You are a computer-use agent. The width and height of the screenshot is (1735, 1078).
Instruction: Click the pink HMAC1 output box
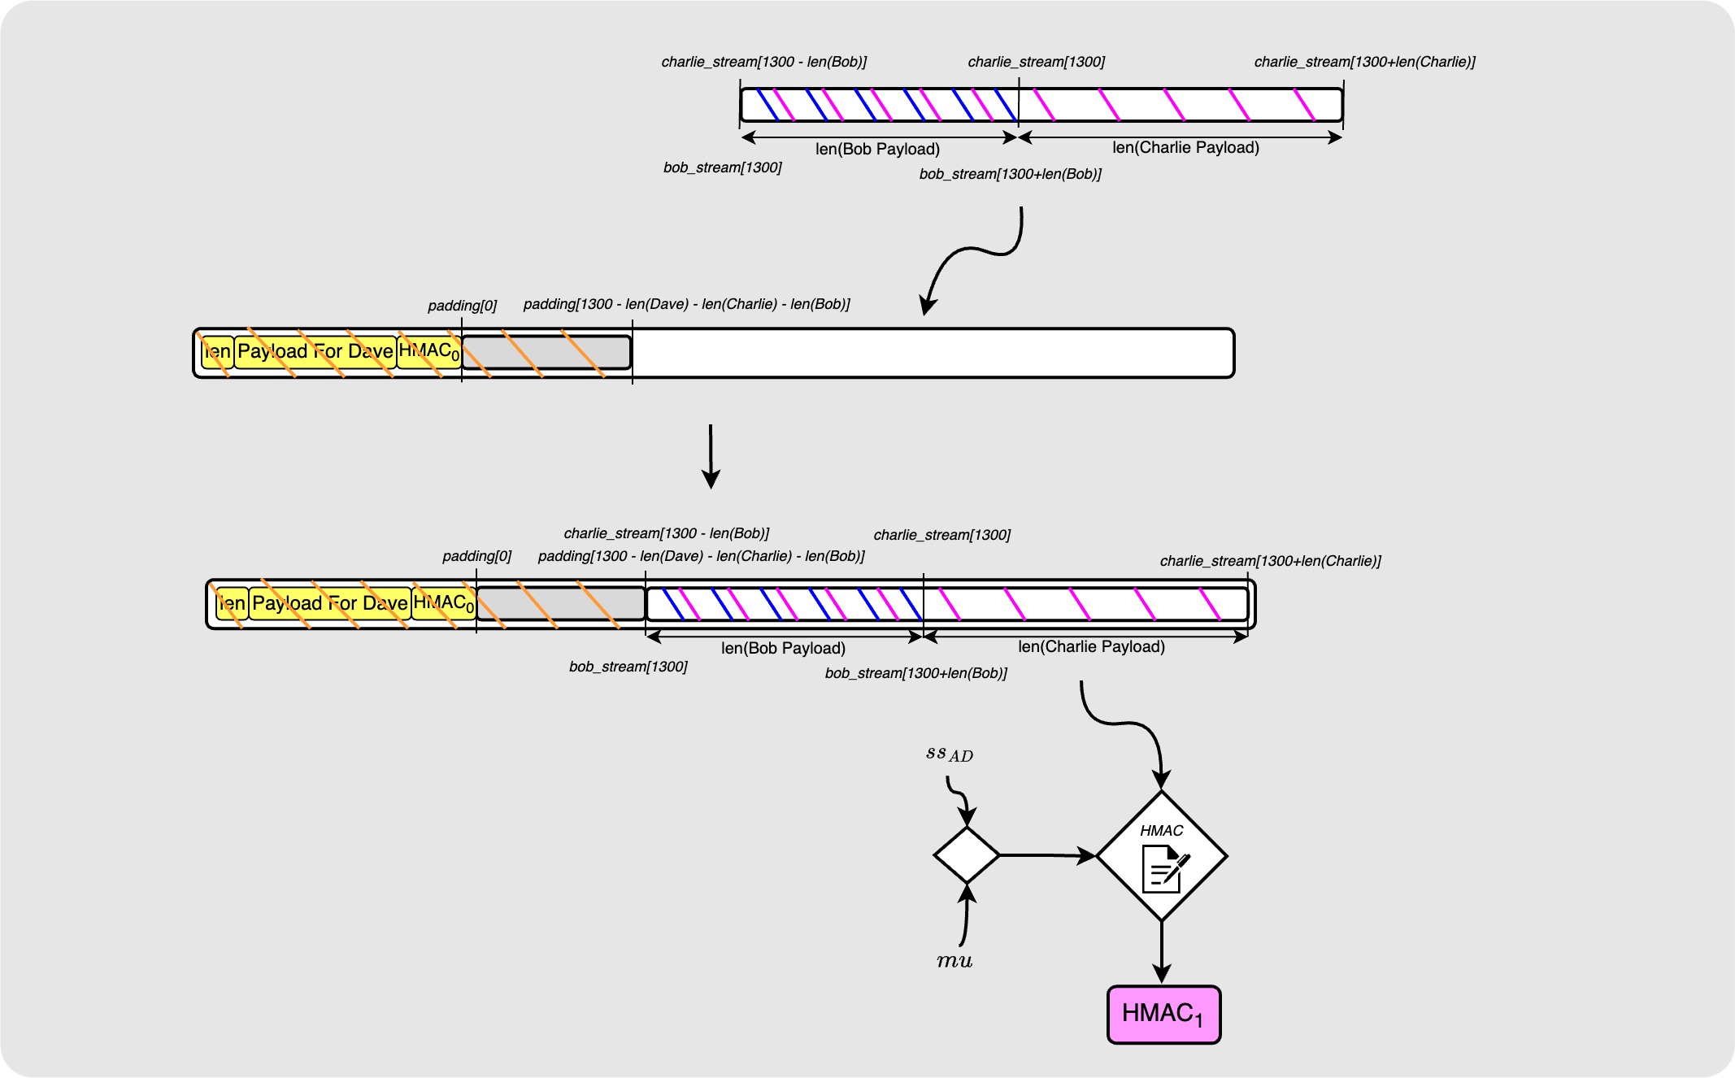coord(1163,1014)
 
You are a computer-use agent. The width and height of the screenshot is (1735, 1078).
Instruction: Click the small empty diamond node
coord(966,855)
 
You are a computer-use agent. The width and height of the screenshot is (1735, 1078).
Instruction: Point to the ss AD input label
coord(949,754)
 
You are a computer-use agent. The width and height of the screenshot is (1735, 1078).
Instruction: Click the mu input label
coord(954,961)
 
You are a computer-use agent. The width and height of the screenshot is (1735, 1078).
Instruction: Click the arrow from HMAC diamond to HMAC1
coord(1162,951)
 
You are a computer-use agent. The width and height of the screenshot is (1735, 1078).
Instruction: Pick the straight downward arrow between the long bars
coord(711,455)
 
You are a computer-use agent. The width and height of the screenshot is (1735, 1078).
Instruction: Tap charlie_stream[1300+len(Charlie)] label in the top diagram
coord(1364,62)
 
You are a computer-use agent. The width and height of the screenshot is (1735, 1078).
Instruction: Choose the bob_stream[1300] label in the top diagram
coord(722,167)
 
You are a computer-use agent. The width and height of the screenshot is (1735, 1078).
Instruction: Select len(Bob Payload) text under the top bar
coord(877,149)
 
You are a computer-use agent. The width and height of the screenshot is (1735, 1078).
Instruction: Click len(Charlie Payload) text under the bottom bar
coord(1091,646)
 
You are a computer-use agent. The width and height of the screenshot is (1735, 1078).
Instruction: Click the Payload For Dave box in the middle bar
coord(315,352)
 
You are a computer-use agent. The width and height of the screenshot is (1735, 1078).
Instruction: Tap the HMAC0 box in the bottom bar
coord(443,602)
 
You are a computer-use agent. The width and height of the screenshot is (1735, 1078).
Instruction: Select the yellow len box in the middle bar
coord(217,352)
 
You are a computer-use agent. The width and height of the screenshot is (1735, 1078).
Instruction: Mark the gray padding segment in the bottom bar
coord(561,603)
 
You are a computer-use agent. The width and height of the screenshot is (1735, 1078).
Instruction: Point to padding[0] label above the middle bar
coord(462,306)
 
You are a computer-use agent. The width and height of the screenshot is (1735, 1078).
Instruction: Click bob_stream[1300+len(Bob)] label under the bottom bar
coord(915,673)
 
